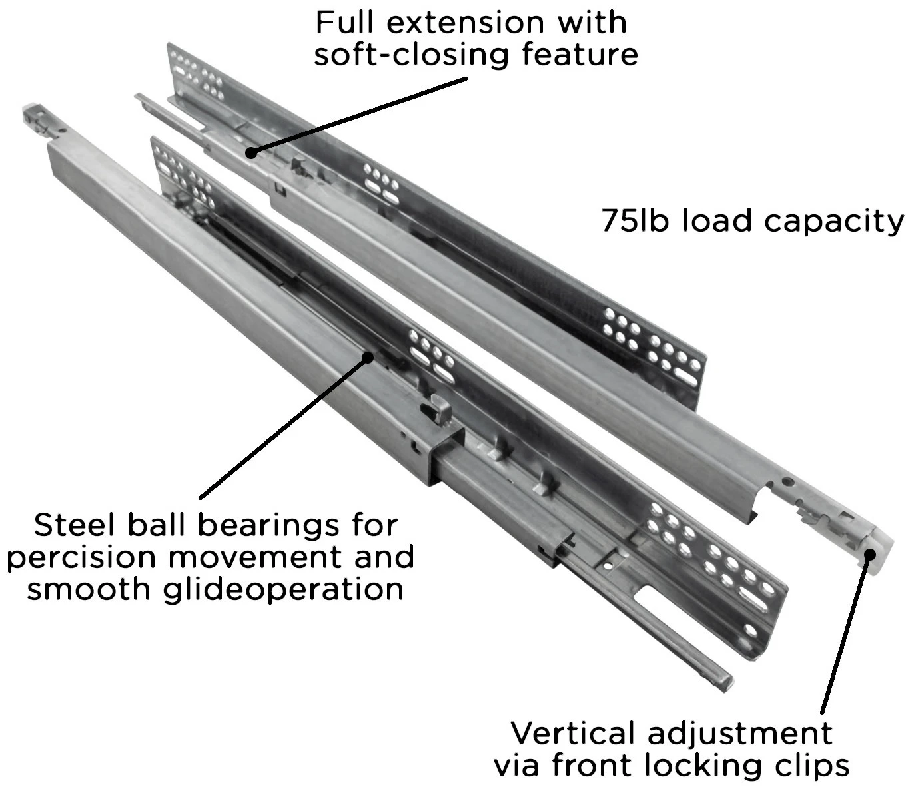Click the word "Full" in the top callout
(342, 23)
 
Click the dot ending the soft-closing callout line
(250, 152)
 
